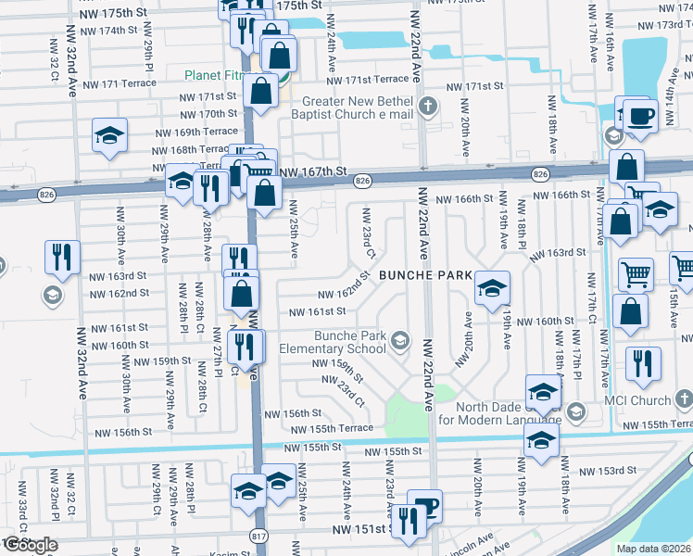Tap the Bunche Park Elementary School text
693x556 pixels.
tap(336, 342)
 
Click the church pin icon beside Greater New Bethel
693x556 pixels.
tap(427, 104)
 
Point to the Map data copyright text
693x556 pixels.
tap(653, 548)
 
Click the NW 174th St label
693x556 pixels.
tap(108, 31)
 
